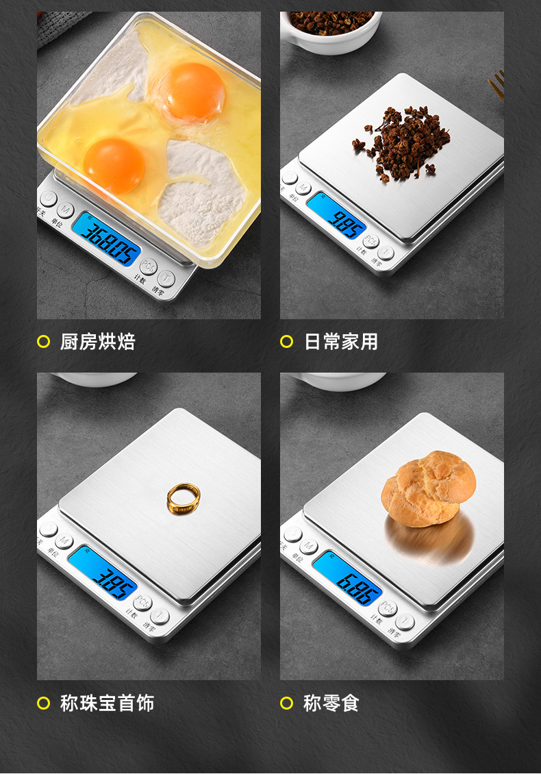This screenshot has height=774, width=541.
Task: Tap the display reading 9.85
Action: click(336, 214)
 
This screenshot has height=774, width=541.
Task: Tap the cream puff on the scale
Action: click(428, 488)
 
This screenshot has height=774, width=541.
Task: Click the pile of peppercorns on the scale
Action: click(403, 142)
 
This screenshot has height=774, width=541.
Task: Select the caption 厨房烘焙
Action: click(98, 341)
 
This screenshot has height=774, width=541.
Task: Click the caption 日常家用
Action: click(341, 341)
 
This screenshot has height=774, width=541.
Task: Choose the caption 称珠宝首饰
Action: click(108, 703)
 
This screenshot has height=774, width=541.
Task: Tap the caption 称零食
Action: click(331, 703)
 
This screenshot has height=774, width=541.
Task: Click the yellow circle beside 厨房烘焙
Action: click(44, 341)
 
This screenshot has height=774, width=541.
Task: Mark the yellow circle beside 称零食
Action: click(287, 703)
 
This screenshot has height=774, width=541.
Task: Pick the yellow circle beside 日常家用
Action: click(287, 341)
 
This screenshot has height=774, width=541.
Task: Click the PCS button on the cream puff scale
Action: click(388, 608)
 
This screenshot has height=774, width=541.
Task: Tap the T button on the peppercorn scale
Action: click(387, 253)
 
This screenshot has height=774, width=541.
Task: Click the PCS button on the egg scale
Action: click(148, 266)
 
